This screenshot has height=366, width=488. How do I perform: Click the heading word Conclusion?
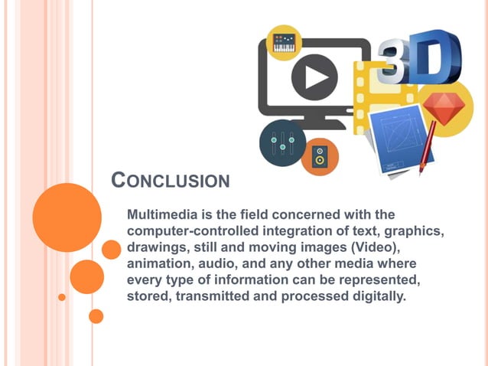[170, 181]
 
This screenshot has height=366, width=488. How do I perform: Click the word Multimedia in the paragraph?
[159, 214]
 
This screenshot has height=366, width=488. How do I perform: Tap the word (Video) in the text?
[365, 247]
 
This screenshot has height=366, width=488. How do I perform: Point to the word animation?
[158, 264]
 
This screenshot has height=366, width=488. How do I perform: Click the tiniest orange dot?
[62, 297]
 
